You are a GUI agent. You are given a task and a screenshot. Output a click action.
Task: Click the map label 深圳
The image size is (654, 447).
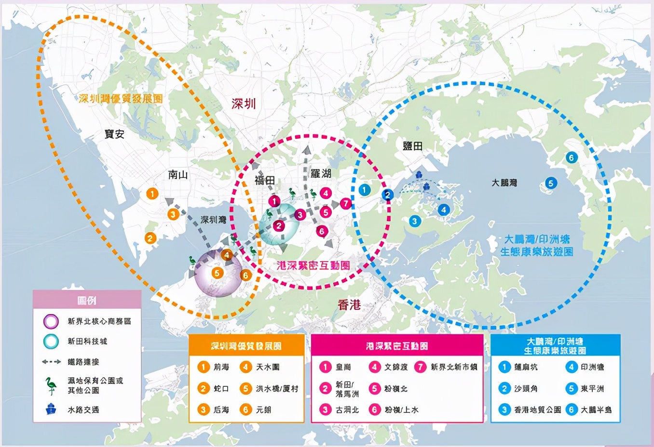pyautogui.click(x=244, y=104)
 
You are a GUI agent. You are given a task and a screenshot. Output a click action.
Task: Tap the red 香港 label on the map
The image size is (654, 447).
pyautogui.click(x=349, y=304)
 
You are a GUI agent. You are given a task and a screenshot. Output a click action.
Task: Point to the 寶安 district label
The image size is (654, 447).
pyautogui.click(x=114, y=134)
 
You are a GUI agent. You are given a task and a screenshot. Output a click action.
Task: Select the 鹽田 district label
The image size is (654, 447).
pyautogui.click(x=412, y=145)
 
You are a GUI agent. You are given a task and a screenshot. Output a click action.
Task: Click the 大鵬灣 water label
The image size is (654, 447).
pyautogui.click(x=504, y=183)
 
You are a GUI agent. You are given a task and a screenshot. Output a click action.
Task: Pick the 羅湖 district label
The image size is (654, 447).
pyautogui.click(x=321, y=173)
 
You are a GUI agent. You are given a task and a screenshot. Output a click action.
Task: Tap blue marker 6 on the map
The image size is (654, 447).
pyautogui.click(x=572, y=158)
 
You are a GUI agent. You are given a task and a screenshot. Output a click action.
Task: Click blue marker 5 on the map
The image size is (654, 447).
pyautogui.click(x=551, y=183)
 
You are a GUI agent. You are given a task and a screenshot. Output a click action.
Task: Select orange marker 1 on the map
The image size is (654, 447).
pyautogui.click(x=152, y=194)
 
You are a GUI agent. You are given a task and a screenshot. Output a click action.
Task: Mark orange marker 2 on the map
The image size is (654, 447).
pyautogui.click(x=150, y=238)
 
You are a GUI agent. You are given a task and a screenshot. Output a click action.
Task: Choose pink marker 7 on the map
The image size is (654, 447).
pyautogui.click(x=345, y=203)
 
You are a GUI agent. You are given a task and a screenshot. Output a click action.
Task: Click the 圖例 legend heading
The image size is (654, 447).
pyautogui.click(x=87, y=301)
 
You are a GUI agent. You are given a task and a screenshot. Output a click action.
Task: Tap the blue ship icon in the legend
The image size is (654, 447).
pyautogui.click(x=51, y=409)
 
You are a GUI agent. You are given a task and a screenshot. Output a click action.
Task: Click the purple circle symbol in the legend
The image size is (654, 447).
pyautogui.click(x=51, y=321)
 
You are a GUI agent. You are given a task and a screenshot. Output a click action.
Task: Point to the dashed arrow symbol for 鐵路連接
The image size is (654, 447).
pyautogui.click(x=51, y=362)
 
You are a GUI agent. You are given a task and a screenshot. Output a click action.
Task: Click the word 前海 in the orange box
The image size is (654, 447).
pyautogui.click(x=221, y=367)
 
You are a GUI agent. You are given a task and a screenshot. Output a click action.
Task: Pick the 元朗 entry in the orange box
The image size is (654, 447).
pyautogui.click(x=263, y=409)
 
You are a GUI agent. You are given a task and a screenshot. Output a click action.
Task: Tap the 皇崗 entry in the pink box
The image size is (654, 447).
pyautogui.click(x=343, y=367)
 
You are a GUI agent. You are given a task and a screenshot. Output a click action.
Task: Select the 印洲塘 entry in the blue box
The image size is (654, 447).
pyautogui.click(x=592, y=367)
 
